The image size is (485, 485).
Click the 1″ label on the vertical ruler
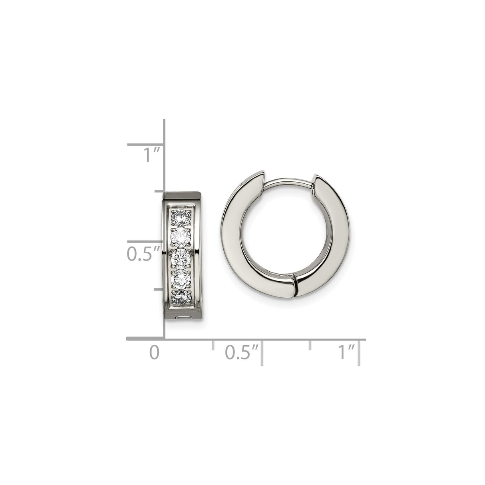tap(151, 155)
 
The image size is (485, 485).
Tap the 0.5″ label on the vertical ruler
tap(143, 254)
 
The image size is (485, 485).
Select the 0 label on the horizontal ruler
tap(154, 352)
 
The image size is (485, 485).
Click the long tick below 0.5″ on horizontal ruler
tap(262, 352)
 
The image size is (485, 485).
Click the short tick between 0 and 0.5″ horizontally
tap(213, 345)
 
